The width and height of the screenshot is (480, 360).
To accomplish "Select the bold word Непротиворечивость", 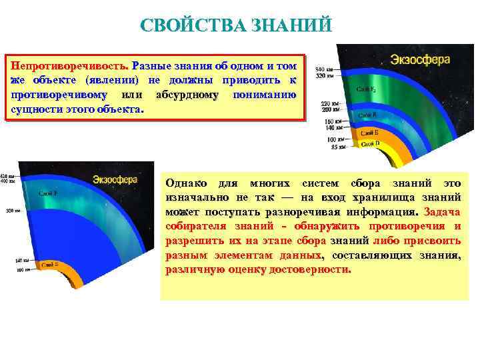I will tap(69, 67).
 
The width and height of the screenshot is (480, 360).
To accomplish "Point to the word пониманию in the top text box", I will tap(265, 95).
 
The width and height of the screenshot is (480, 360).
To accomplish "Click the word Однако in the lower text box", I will tap(186, 183).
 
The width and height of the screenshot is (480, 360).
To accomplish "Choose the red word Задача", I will tap(441, 212).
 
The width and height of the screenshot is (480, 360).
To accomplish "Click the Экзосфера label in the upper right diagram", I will tap(420, 59).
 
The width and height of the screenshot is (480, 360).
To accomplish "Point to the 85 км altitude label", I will tap(337, 147).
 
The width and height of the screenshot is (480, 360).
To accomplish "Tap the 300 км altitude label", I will tap(9, 210).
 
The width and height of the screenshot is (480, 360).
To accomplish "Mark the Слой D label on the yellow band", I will tap(371, 143).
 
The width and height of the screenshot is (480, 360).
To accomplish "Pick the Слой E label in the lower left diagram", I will tap(49, 265).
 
